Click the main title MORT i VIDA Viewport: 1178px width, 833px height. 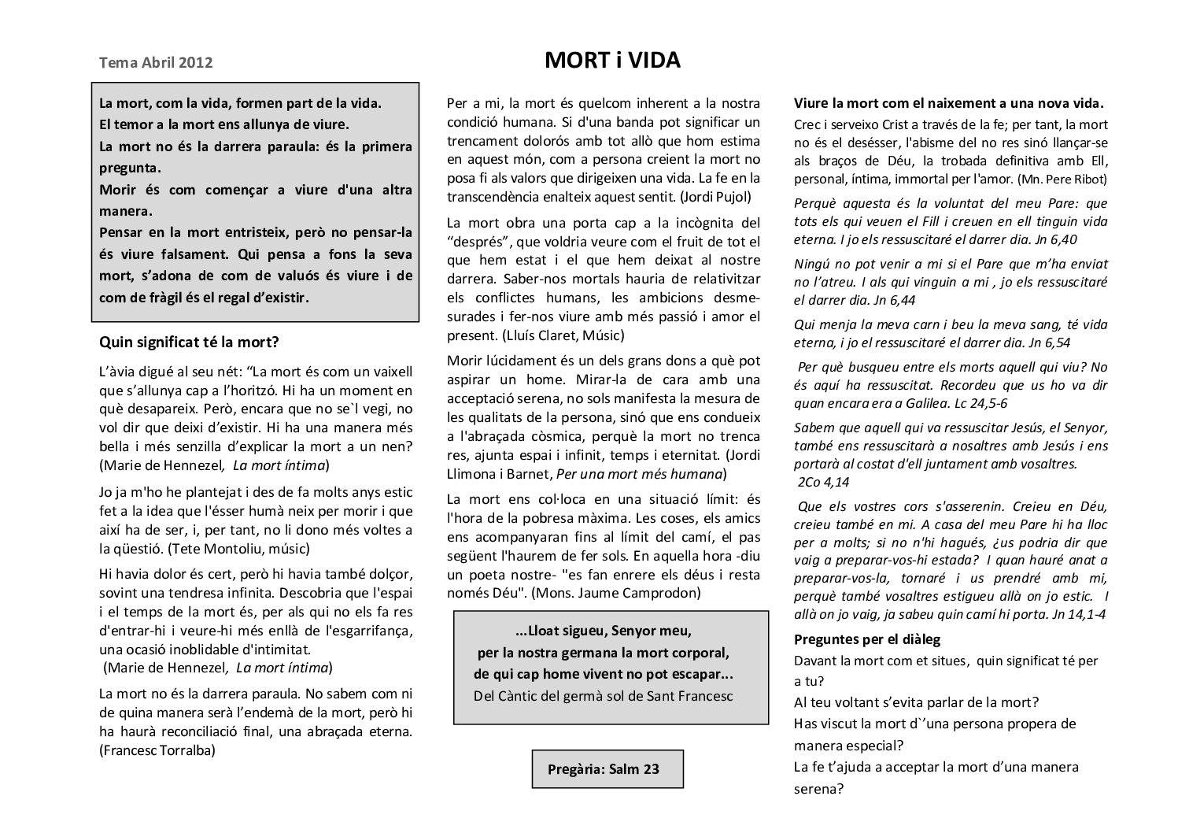(x=612, y=61)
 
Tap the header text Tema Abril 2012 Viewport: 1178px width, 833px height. (x=156, y=62)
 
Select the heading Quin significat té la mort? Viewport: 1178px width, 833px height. (x=189, y=342)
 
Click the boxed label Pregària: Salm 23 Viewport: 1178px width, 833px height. (x=604, y=769)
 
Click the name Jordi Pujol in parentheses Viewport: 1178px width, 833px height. (x=716, y=197)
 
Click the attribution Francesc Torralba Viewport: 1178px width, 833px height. (x=158, y=750)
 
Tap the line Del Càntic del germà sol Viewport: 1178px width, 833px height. (x=603, y=696)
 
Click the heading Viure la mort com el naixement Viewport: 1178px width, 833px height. (x=948, y=103)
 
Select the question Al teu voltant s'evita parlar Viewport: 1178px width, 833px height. (x=916, y=702)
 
